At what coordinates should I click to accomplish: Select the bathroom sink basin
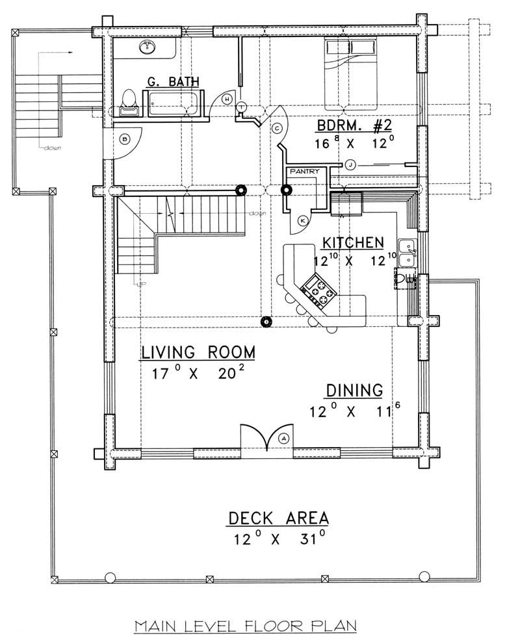(x=149, y=46)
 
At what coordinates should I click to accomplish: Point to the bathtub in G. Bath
(x=172, y=105)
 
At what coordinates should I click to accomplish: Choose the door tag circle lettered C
(x=276, y=127)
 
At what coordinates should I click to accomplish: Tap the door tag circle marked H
(x=227, y=99)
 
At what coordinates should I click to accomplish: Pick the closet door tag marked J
(x=351, y=164)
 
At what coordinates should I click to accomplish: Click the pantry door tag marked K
(x=302, y=221)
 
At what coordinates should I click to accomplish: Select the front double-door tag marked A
(x=284, y=439)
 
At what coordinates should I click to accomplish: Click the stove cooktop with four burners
(x=317, y=291)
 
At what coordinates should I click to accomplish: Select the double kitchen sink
(x=408, y=252)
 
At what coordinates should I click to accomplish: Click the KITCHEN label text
(x=352, y=242)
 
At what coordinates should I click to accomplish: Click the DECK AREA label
(x=278, y=518)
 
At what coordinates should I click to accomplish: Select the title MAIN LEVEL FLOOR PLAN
(x=246, y=626)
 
